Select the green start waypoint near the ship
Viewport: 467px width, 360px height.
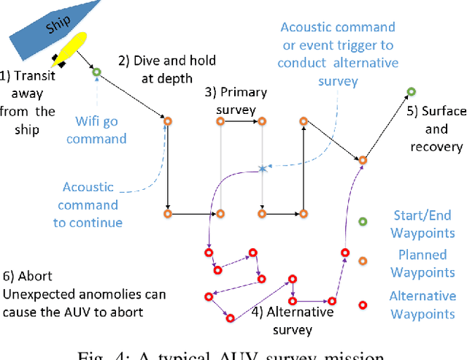tap(96, 71)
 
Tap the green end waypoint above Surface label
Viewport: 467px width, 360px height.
tap(411, 92)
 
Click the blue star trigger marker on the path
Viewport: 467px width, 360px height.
tap(263, 169)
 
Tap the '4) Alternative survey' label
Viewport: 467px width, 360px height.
tap(292, 321)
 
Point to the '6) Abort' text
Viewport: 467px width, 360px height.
tap(29, 277)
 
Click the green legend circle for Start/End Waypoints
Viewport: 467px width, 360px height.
tap(363, 223)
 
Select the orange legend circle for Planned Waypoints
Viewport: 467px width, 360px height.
tap(363, 261)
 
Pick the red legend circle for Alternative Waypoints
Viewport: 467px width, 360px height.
tap(363, 305)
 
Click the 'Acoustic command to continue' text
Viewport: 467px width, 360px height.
tap(90, 204)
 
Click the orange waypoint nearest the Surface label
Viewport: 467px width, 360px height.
tap(363, 159)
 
